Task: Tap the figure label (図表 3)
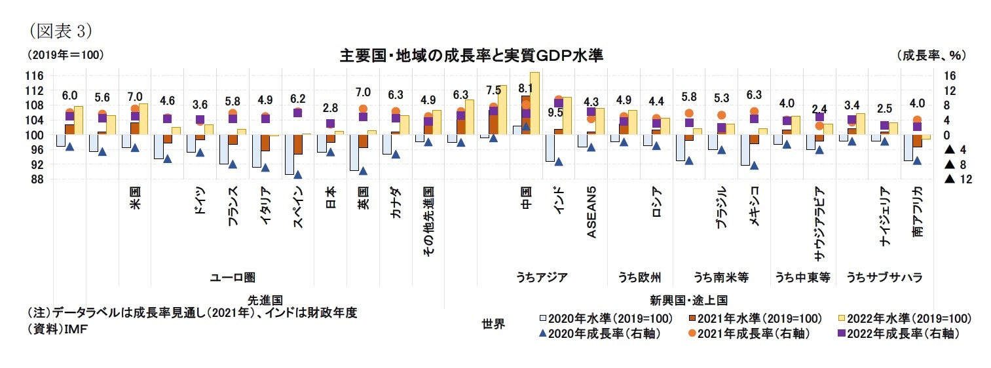click(58, 30)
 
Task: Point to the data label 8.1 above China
click(525, 88)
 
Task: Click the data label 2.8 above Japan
click(330, 108)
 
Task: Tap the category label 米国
click(135, 199)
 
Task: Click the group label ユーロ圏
click(232, 278)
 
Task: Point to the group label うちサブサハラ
click(884, 278)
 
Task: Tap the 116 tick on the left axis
click(35, 75)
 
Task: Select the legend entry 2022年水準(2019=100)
click(907, 318)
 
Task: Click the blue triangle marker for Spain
click(298, 175)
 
